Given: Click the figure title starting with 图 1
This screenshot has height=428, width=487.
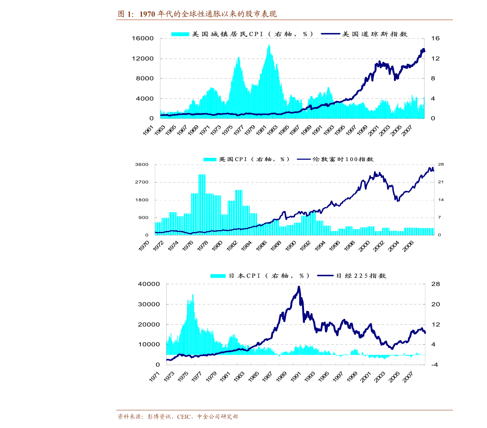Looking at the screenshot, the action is pos(197,14).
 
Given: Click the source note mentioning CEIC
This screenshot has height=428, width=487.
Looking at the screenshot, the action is pos(177,416).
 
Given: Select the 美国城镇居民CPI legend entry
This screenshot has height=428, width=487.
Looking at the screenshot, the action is pos(242,34).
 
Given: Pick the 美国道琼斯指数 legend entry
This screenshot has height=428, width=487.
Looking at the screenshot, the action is pos(364,34).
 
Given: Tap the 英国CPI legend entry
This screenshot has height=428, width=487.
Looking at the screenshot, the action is pos(246,159).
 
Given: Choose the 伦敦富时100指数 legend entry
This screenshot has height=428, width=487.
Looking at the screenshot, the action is pos(335,159).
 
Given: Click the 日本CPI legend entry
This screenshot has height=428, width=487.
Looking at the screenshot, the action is pos(259,276).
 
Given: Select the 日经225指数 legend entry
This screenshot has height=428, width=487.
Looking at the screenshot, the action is pos(351,276).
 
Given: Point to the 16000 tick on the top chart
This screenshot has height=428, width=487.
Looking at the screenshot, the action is pos(142,38).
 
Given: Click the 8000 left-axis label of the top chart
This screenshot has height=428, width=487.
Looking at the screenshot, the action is pos(145,78).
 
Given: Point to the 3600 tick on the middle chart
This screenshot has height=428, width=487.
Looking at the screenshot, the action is pos(142,165).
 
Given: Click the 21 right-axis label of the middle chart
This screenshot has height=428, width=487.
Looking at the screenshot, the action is pos(440,182).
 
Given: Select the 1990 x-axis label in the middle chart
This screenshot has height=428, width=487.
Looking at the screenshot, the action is pos(290,246).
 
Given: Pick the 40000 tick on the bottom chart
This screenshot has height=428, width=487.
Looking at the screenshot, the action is pos(149,284).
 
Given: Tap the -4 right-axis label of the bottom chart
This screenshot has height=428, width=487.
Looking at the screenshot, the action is pos(434,365).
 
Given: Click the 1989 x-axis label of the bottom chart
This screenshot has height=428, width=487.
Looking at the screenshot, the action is pos(281,377).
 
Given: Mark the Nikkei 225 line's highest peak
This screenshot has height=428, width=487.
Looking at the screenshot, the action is pos(299,287).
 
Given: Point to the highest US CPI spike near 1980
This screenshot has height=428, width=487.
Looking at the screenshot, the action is pos(269,45).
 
